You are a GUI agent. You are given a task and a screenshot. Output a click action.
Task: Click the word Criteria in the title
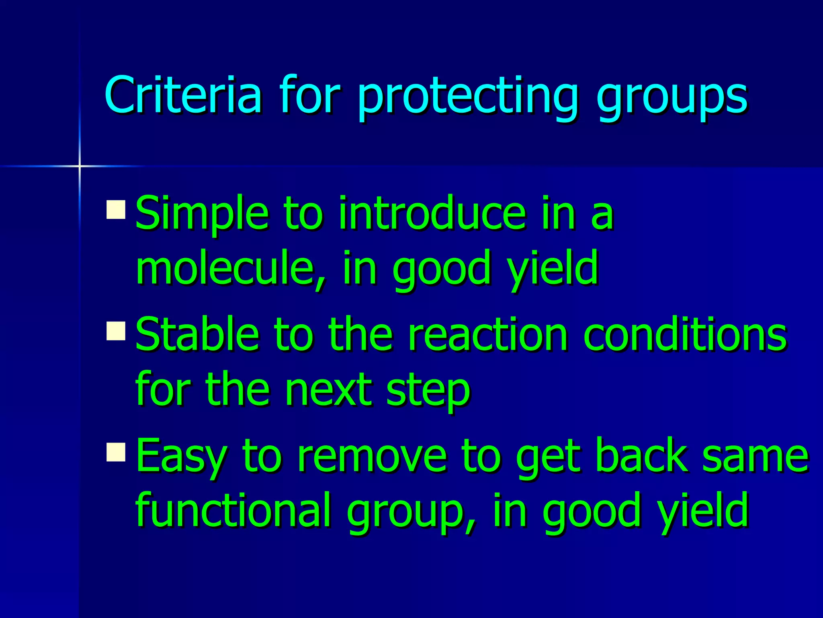click(183, 95)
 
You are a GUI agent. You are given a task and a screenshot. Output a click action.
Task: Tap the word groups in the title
click(671, 97)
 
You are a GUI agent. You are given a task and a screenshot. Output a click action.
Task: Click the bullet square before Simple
click(116, 209)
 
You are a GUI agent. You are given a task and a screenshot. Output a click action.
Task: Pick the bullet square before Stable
click(116, 331)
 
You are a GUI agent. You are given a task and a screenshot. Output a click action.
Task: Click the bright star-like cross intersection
click(80, 166)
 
